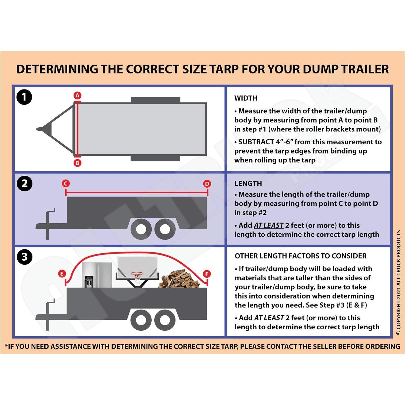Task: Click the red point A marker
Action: point(77,95)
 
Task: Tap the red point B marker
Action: point(77,163)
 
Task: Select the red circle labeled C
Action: point(66,184)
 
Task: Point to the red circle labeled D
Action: point(207,184)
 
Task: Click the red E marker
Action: point(62,274)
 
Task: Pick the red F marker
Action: point(207,274)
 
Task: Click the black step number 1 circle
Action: point(24,97)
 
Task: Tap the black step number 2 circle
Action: point(24,184)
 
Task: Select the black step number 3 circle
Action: point(24,257)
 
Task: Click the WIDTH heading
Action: point(246,98)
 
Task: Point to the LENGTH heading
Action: point(248,184)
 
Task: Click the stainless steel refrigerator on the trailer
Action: point(97,275)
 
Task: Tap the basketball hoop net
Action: point(137,278)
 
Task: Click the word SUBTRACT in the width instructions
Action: point(256,142)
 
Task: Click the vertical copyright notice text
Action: point(398,283)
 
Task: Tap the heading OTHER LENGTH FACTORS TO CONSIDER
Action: point(301,256)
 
